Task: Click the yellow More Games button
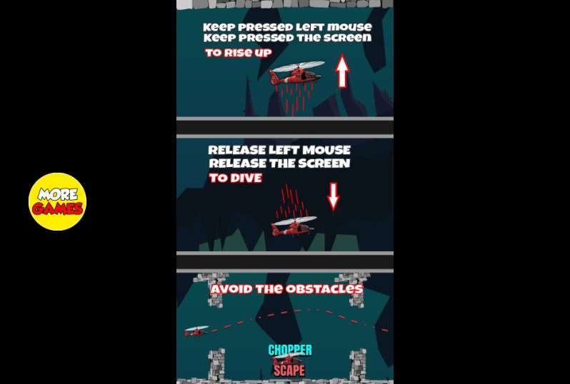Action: (x=57, y=201)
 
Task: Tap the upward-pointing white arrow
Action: (x=342, y=71)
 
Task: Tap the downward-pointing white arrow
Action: (x=334, y=196)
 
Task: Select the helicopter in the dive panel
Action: (x=294, y=226)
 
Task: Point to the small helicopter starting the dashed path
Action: (x=196, y=331)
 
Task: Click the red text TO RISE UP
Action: (x=239, y=53)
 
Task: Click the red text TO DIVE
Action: (x=236, y=178)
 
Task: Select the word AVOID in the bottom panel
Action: (x=231, y=290)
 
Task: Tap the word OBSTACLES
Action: (x=324, y=289)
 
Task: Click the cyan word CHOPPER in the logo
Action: (x=290, y=350)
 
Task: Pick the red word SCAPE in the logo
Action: (x=289, y=370)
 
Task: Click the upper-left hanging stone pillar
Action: (x=214, y=290)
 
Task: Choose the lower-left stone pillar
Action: (x=216, y=364)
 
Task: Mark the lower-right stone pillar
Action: (x=358, y=364)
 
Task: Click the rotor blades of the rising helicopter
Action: (x=299, y=66)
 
